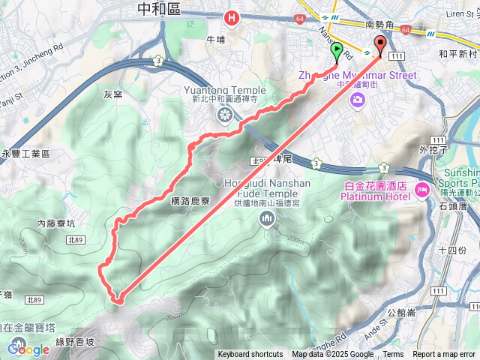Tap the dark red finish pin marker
point(379,46)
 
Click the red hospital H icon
point(232,16)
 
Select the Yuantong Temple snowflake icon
point(223,115)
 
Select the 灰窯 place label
point(112,94)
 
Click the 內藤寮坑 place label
point(56,223)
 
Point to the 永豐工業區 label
point(25,154)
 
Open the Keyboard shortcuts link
point(250,355)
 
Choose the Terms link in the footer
point(393,355)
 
